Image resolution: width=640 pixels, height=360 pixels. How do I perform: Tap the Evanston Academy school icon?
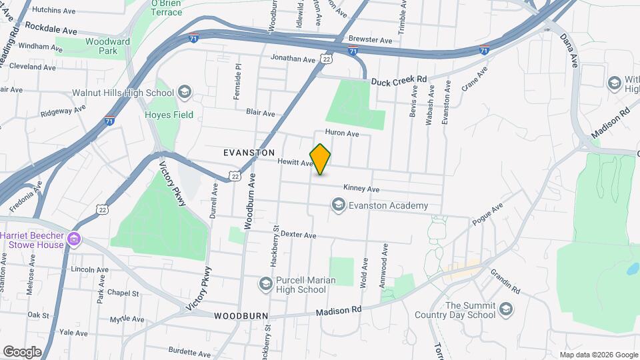coord(339,205)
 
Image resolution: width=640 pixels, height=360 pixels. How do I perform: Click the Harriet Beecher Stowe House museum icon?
coord(74,239)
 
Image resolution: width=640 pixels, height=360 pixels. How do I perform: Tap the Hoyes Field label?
coord(169,115)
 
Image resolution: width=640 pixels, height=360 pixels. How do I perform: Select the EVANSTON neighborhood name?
coord(249,153)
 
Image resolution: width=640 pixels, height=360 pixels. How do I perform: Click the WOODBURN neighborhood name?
coord(241,315)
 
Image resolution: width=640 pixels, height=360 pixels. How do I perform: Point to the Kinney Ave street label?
coord(361,189)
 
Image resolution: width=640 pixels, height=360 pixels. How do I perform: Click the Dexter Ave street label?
coord(298,235)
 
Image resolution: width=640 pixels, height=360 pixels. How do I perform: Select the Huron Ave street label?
coord(342,134)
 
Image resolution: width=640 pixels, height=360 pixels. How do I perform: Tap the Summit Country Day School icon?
coord(506,309)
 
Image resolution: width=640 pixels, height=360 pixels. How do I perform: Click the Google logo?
coord(22,351)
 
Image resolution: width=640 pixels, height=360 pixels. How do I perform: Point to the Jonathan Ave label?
coord(293,59)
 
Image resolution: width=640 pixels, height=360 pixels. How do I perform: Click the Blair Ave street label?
coord(260,113)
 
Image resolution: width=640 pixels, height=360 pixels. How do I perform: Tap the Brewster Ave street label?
coord(371,40)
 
